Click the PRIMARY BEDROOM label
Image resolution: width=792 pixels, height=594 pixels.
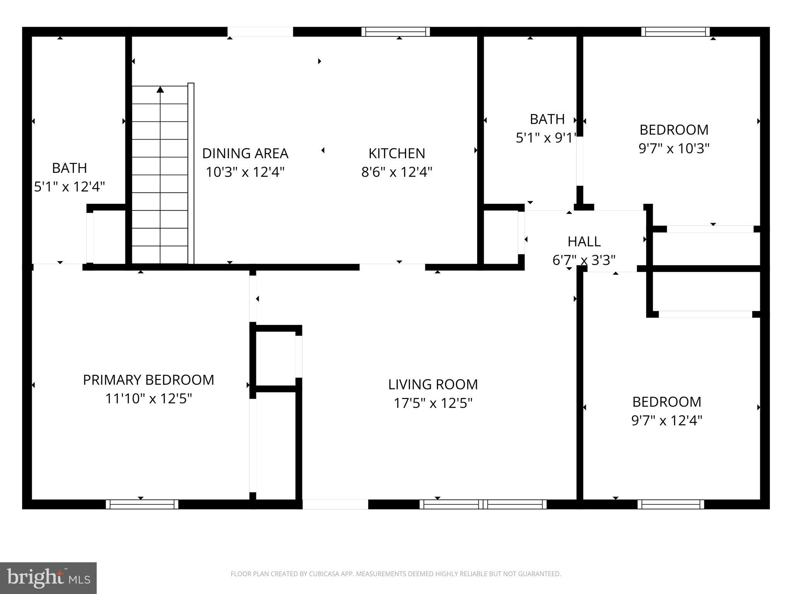click(148, 380)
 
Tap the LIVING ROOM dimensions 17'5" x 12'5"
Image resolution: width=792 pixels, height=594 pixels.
click(433, 403)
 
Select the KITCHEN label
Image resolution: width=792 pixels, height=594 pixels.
click(396, 154)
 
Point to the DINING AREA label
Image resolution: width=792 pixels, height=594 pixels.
click(245, 154)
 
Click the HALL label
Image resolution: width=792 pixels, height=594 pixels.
click(584, 242)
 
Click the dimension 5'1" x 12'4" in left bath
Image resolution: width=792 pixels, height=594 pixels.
click(70, 187)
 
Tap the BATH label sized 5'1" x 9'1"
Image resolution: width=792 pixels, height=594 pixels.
click(547, 119)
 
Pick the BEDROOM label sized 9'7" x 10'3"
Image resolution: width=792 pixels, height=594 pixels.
click(674, 130)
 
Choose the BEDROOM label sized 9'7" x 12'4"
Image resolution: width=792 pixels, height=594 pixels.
click(667, 402)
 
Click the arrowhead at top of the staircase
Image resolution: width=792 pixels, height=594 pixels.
click(160, 90)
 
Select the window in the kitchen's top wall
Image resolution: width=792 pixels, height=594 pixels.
click(396, 32)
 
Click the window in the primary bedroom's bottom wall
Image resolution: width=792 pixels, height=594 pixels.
click(142, 504)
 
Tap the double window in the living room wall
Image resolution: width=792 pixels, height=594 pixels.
click(483, 504)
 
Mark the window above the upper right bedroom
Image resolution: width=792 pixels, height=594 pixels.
click(675, 32)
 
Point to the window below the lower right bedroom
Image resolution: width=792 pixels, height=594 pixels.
click(671, 504)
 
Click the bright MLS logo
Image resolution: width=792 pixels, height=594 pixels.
click(48, 578)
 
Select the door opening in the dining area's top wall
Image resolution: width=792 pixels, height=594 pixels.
click(260, 32)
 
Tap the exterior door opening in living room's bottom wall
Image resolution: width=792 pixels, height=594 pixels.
click(335, 504)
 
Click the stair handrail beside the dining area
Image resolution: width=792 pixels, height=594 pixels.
click(191, 173)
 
